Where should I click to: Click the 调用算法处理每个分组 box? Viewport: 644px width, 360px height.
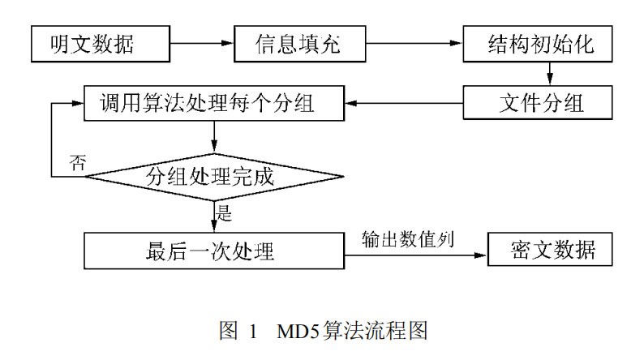click(213, 104)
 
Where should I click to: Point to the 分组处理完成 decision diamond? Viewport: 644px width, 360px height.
click(213, 176)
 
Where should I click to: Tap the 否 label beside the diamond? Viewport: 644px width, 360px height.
click(77, 162)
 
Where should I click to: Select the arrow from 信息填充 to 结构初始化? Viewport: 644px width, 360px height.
click(406, 45)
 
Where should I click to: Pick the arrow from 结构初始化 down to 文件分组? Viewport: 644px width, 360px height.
click(550, 74)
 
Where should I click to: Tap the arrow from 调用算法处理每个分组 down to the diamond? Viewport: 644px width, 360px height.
click(213, 135)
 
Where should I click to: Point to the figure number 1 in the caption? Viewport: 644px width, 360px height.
click(253, 332)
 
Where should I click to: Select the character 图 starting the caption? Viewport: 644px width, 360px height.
click(228, 332)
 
